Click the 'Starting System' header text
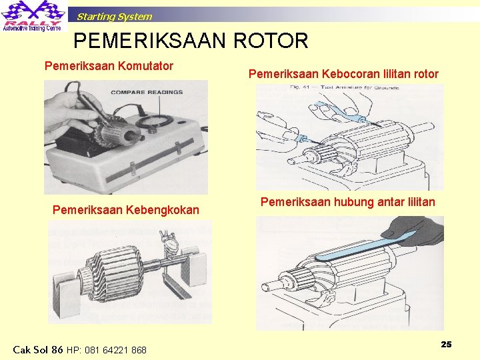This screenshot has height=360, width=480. (114, 17)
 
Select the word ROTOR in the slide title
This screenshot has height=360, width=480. (271, 41)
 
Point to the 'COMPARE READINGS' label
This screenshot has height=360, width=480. (147, 93)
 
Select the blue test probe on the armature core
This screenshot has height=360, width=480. (353, 117)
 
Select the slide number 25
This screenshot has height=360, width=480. (446, 344)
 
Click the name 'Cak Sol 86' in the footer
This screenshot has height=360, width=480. (38, 349)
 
